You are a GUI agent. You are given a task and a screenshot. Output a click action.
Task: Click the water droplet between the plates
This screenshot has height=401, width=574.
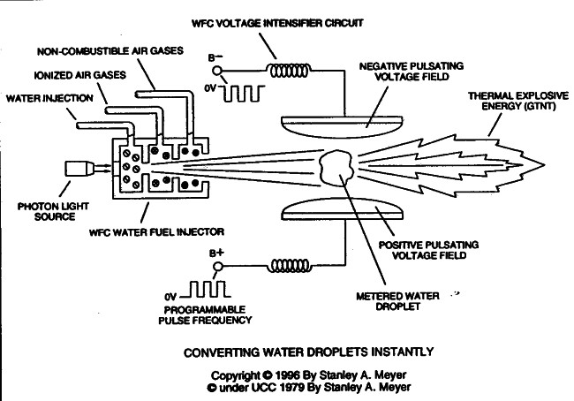tap(334, 168)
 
